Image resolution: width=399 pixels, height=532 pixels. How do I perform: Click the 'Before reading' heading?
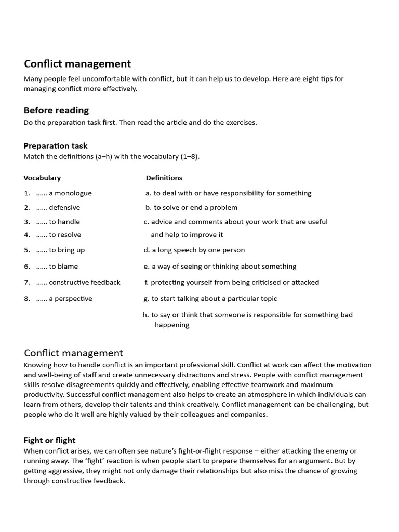coord(56,110)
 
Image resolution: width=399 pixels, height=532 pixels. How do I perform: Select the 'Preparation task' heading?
coord(56,146)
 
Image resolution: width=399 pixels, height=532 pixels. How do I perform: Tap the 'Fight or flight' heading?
coord(49,440)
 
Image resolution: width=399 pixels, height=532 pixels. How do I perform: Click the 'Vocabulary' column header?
coord(42,178)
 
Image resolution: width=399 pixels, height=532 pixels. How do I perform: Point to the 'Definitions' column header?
coord(164,178)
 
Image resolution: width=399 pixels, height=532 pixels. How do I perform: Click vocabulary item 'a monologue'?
coord(70,193)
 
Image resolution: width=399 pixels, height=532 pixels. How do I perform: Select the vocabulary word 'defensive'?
coord(64,208)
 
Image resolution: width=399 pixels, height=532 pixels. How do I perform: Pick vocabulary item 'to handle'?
coord(64,222)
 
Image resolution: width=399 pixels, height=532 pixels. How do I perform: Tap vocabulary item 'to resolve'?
coord(65,235)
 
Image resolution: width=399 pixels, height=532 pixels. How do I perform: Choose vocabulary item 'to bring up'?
coord(66,250)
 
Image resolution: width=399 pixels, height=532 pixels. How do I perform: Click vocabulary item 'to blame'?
coord(63,267)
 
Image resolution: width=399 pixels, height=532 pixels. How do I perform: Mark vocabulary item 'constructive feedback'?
coord(85,283)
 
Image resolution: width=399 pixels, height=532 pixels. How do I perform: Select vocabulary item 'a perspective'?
coord(71,299)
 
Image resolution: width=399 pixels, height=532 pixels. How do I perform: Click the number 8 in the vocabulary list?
coord(26,299)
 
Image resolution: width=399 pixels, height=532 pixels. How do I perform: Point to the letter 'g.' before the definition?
coord(147,299)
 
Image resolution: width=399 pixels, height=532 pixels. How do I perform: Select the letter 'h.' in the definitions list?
coord(146,315)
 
